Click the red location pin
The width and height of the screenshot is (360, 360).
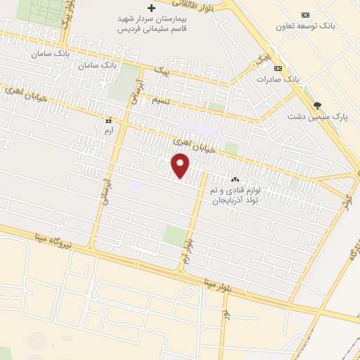coord(181,166)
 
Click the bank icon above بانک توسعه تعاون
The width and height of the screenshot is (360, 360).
coord(305,15)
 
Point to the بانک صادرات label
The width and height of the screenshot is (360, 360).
coord(278,79)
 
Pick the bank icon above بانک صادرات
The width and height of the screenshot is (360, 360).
coord(278,68)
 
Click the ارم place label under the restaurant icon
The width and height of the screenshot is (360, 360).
coord(108,131)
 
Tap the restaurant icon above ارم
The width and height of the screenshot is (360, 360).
coord(108,120)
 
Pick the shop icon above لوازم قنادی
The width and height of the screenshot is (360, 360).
coord(235,180)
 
